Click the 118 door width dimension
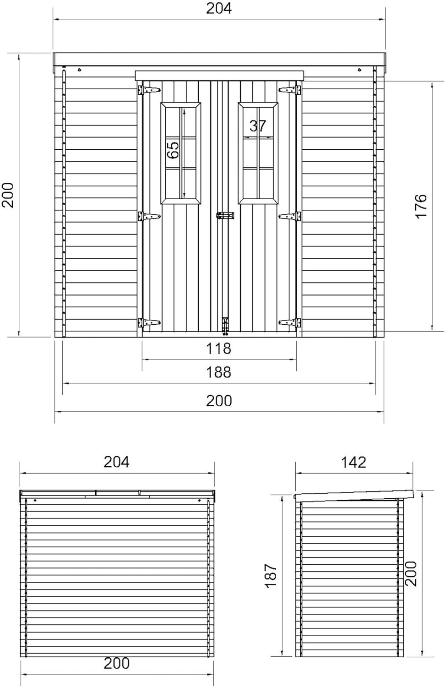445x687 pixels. [218, 349]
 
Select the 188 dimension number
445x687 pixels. [218, 372]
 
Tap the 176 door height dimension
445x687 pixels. [421, 206]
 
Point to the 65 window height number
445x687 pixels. [173, 150]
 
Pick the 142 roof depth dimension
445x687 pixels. [353, 462]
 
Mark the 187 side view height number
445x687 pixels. [271, 576]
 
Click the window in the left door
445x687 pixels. [181, 153]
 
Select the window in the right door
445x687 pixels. [258, 153]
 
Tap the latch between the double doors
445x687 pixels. [225, 215]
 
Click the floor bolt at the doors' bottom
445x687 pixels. [225, 327]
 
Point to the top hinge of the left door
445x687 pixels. [149, 90]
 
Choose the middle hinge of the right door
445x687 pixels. [289, 216]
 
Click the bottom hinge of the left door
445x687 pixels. [149, 323]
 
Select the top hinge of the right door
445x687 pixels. [289, 90]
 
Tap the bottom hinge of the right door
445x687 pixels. [289, 322]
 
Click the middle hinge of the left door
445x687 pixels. [149, 216]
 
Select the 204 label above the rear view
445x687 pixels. [116, 462]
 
